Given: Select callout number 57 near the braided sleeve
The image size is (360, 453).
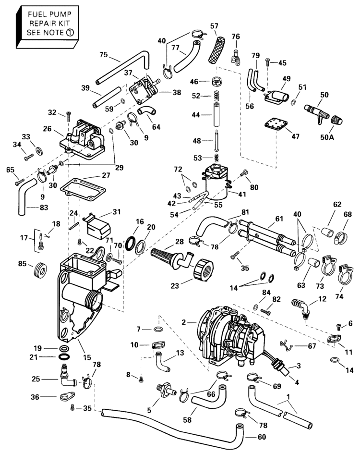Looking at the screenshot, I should coord(214,25).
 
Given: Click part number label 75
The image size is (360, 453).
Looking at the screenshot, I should coord(104,54).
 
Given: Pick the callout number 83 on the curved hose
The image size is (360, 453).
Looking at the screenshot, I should coord(30,208).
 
